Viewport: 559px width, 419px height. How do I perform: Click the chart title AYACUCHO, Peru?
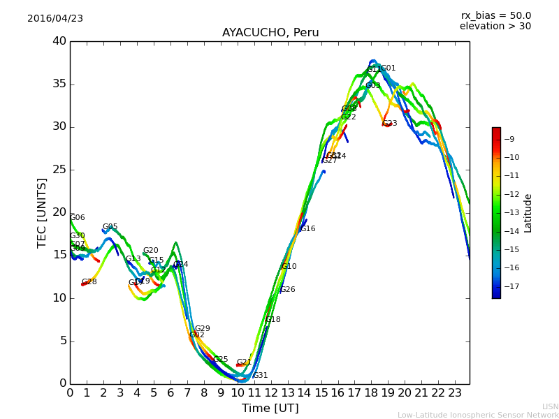270,33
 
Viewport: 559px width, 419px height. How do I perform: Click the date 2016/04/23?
55,19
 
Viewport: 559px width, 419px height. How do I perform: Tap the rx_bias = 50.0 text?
495,15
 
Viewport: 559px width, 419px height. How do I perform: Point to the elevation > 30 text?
495,27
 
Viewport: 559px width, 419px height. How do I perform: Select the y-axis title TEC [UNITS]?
43,212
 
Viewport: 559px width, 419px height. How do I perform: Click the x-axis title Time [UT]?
270,409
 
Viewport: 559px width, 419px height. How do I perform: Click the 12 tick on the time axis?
270,392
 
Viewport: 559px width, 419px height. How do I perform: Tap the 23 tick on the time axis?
455,392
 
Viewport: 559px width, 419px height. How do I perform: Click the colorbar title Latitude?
528,213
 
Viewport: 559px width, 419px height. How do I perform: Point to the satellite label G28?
89,282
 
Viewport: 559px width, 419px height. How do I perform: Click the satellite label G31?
260,376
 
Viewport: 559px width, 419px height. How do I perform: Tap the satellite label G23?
390,124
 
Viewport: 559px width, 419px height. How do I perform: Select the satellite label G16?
308,229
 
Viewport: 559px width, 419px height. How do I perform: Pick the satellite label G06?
77,218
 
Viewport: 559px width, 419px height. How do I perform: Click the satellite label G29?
202,329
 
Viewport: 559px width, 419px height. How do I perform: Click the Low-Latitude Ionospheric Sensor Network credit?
478,416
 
